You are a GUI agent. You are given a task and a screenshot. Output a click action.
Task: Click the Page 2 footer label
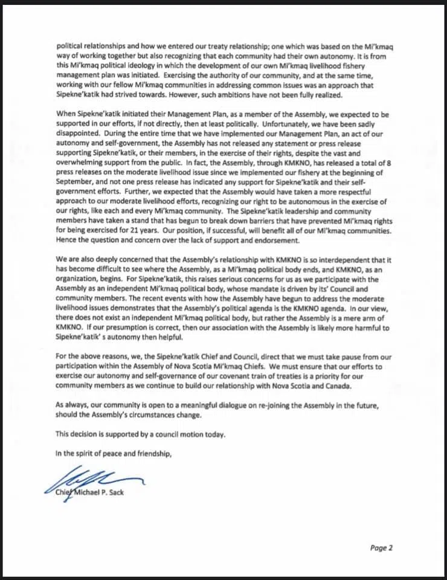click(381, 548)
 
